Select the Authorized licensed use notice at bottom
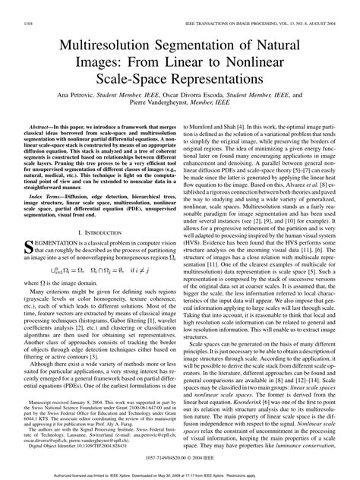pos(179,475)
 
